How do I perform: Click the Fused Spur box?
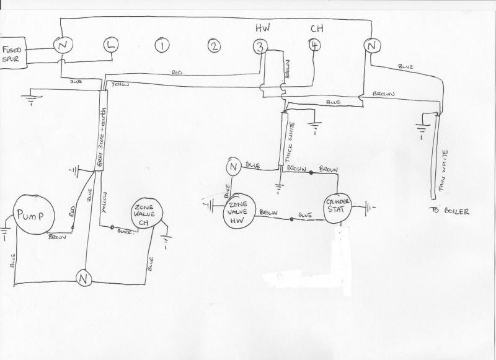[x=14, y=53]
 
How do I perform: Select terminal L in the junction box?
[x=110, y=45]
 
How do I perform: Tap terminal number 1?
[x=162, y=46]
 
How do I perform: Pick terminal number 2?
[x=214, y=46]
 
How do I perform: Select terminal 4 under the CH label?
[x=316, y=45]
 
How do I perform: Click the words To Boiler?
[x=448, y=211]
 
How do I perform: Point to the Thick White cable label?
[x=289, y=143]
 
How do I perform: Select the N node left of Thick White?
[x=234, y=166]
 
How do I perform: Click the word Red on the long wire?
[x=179, y=73]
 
